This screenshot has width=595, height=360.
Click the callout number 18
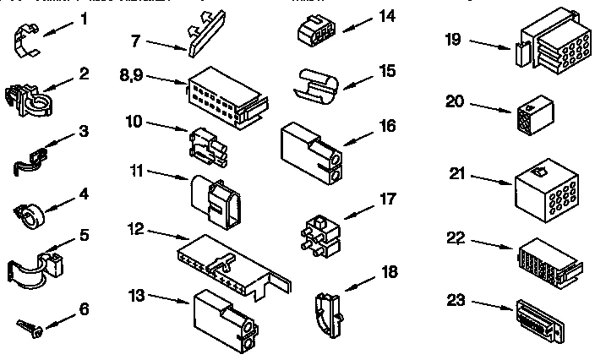(388, 271)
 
